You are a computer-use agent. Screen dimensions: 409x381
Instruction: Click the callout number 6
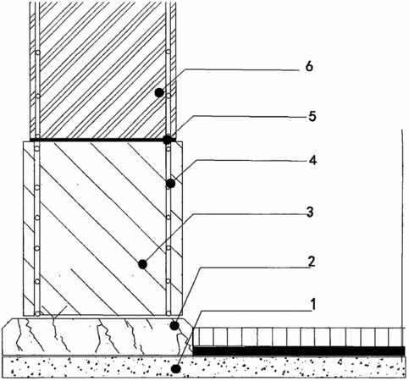pos(309,67)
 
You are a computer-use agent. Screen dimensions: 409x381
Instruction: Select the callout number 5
pos(312,116)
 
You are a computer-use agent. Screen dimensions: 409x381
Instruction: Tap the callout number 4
pos(312,160)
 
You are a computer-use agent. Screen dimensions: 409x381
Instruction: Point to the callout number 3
pos(310,212)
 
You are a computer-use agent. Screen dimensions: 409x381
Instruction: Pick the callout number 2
pos(311,262)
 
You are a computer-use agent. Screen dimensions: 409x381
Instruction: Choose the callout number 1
pos(312,305)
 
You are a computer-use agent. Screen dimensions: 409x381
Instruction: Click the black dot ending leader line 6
pos(159,92)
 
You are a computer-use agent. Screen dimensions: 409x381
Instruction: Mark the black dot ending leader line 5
pos(168,140)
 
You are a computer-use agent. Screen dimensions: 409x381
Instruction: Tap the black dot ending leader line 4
pos(170,184)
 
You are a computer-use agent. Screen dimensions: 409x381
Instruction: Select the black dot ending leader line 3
pos(142,264)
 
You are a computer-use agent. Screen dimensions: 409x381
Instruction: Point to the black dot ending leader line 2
pos(174,326)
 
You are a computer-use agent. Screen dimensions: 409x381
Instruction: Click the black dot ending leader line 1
pos(176,368)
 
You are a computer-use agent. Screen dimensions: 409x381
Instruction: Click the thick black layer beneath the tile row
pos(299,351)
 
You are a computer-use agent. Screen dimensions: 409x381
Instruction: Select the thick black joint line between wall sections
pos(102,140)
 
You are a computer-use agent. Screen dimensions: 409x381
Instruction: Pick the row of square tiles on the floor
pos(299,337)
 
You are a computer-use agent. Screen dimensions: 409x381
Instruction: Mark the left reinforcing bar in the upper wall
pos(37,69)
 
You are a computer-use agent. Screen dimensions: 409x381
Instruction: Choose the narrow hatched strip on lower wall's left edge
pos(29,229)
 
